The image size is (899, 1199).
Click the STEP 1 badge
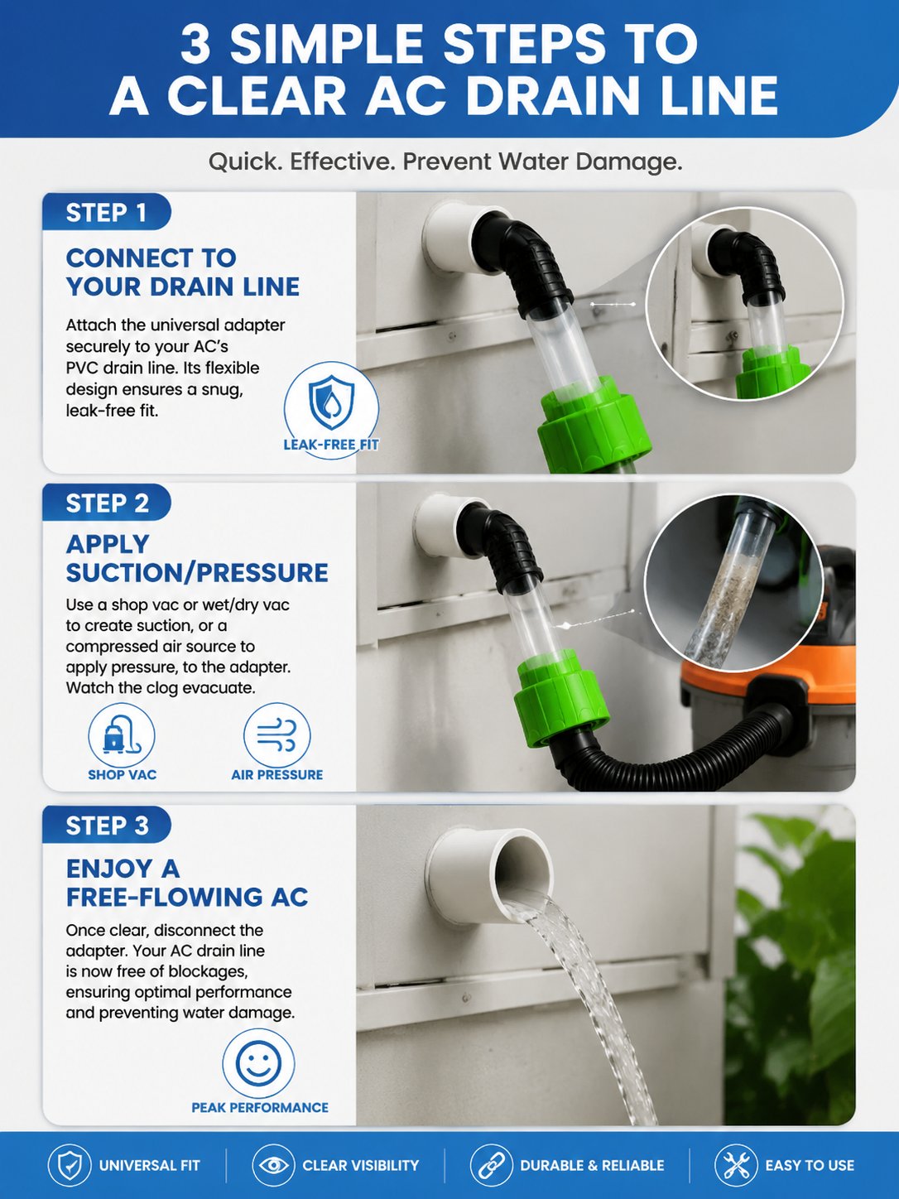tap(107, 212)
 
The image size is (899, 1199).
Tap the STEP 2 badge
tap(107, 503)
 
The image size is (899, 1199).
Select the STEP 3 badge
tap(107, 826)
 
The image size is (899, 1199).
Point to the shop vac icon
tap(121, 735)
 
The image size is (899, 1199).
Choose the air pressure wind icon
tap(276, 735)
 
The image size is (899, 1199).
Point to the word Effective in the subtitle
tap(342, 161)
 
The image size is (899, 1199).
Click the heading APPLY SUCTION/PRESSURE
tap(197, 558)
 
